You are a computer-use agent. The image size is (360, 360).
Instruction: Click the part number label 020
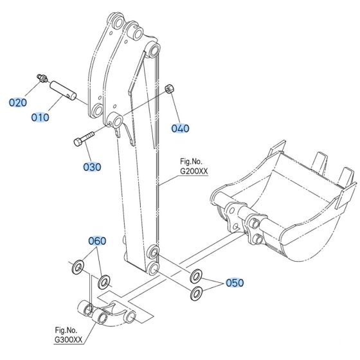[18, 102]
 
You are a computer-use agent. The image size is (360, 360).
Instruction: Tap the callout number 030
[92, 167]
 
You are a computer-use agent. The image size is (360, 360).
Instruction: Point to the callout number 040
[180, 128]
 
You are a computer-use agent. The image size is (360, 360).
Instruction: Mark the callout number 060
[97, 241]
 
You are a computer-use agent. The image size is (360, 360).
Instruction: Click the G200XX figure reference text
[194, 170]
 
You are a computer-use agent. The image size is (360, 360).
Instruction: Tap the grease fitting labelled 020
[39, 79]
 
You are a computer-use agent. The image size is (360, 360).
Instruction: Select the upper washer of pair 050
[194, 277]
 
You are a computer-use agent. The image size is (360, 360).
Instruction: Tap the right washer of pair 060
[104, 282]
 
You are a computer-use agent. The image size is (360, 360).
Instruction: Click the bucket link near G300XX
[106, 313]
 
